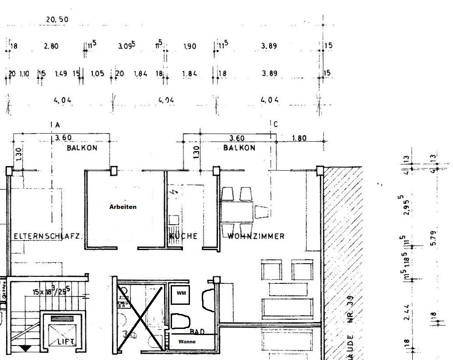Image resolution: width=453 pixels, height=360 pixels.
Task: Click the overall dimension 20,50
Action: tap(57, 20)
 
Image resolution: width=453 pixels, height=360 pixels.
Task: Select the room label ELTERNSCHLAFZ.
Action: tap(47, 236)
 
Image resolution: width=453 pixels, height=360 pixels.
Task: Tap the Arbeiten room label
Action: tap(123, 207)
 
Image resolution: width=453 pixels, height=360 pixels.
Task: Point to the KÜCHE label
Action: tap(184, 236)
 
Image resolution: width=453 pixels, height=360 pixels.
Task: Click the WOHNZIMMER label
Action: tap(256, 236)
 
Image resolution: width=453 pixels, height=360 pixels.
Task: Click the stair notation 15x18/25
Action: tap(49, 290)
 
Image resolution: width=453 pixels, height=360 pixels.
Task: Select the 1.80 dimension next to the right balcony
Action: tap(299, 138)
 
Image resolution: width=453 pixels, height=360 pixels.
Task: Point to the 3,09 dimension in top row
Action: tap(126, 46)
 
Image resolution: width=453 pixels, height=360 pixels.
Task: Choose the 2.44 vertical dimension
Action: tap(407, 312)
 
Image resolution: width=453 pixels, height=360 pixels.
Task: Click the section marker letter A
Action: tap(57, 125)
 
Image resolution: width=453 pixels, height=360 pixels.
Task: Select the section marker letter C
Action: tap(275, 124)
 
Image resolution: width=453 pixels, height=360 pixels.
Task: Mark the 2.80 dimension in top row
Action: tap(51, 46)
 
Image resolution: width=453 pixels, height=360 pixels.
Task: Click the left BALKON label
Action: tap(82, 148)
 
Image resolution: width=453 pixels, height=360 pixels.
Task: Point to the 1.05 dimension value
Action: tap(98, 74)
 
